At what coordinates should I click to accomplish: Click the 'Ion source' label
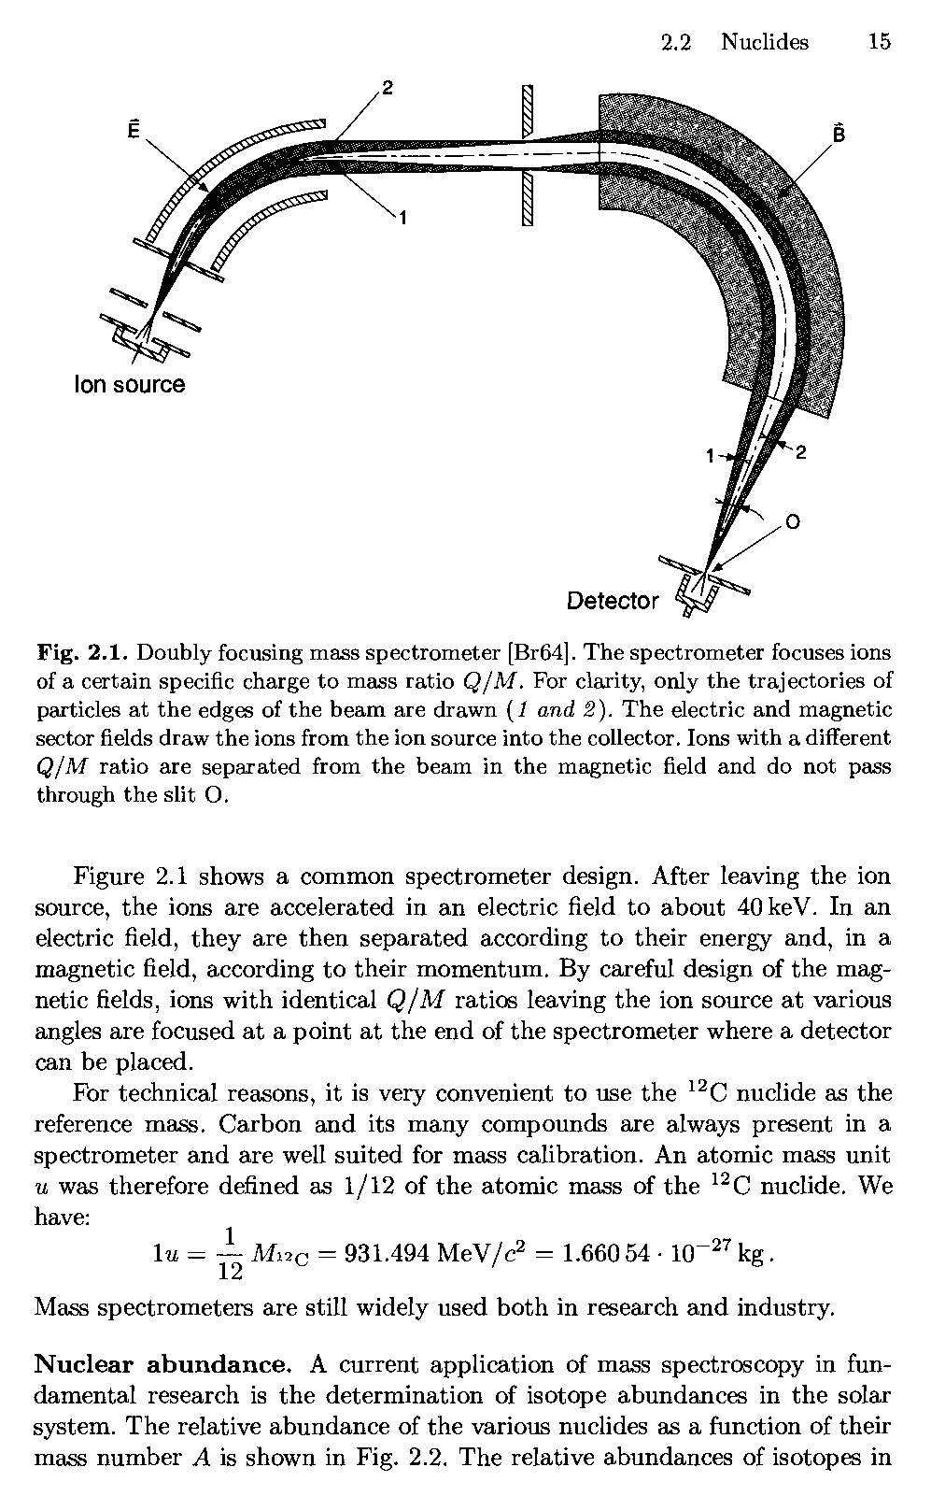coord(129,385)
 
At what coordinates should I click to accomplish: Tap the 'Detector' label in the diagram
coord(613,601)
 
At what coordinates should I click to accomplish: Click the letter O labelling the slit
coord(792,523)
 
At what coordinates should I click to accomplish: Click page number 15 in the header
coord(879,42)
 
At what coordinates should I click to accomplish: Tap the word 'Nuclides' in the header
coord(765,42)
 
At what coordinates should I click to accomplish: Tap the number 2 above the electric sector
coord(388,89)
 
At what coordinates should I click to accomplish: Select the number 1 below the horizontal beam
coord(402,219)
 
